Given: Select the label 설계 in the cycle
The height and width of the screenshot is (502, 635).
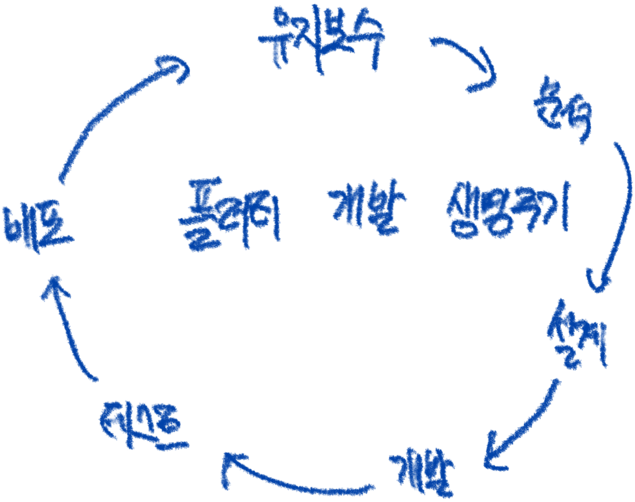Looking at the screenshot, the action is coord(578,334).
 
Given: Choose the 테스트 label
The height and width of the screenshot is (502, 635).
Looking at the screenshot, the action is coord(143,423).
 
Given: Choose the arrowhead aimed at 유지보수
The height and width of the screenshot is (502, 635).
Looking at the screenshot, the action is coord(176,68).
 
